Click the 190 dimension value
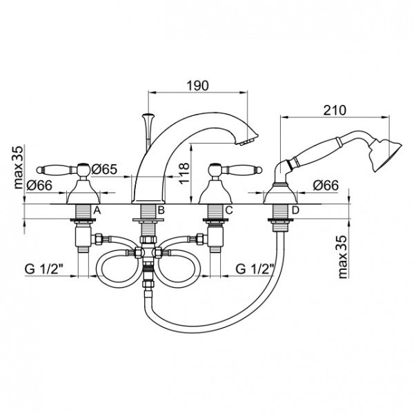(x=197, y=86)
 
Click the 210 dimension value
(x=335, y=110)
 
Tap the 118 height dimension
(x=184, y=173)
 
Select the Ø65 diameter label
(x=104, y=169)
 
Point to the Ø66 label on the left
(x=39, y=186)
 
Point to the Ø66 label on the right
(x=326, y=186)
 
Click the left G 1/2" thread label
(x=44, y=270)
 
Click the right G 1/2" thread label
(x=255, y=269)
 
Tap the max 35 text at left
(x=18, y=168)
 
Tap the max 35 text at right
(x=342, y=257)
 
